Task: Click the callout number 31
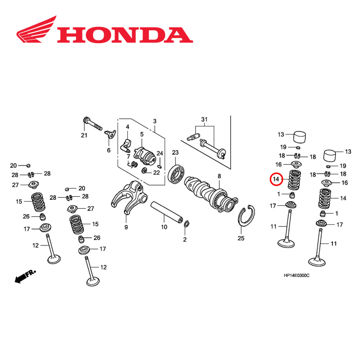point(204,119)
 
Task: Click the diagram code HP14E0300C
point(296,275)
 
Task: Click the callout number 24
point(159,153)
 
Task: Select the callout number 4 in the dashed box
point(127,127)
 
